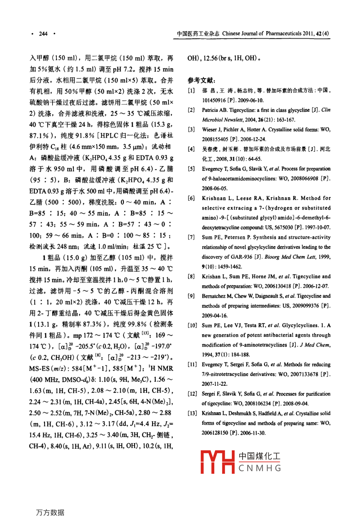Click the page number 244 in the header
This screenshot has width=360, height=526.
pyautogui.click(x=43, y=34)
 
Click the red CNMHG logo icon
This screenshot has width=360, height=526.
pyautogui.click(x=217, y=462)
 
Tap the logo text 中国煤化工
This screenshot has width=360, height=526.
pyautogui.click(x=260, y=456)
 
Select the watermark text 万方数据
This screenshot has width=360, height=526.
pyautogui.click(x=50, y=512)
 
